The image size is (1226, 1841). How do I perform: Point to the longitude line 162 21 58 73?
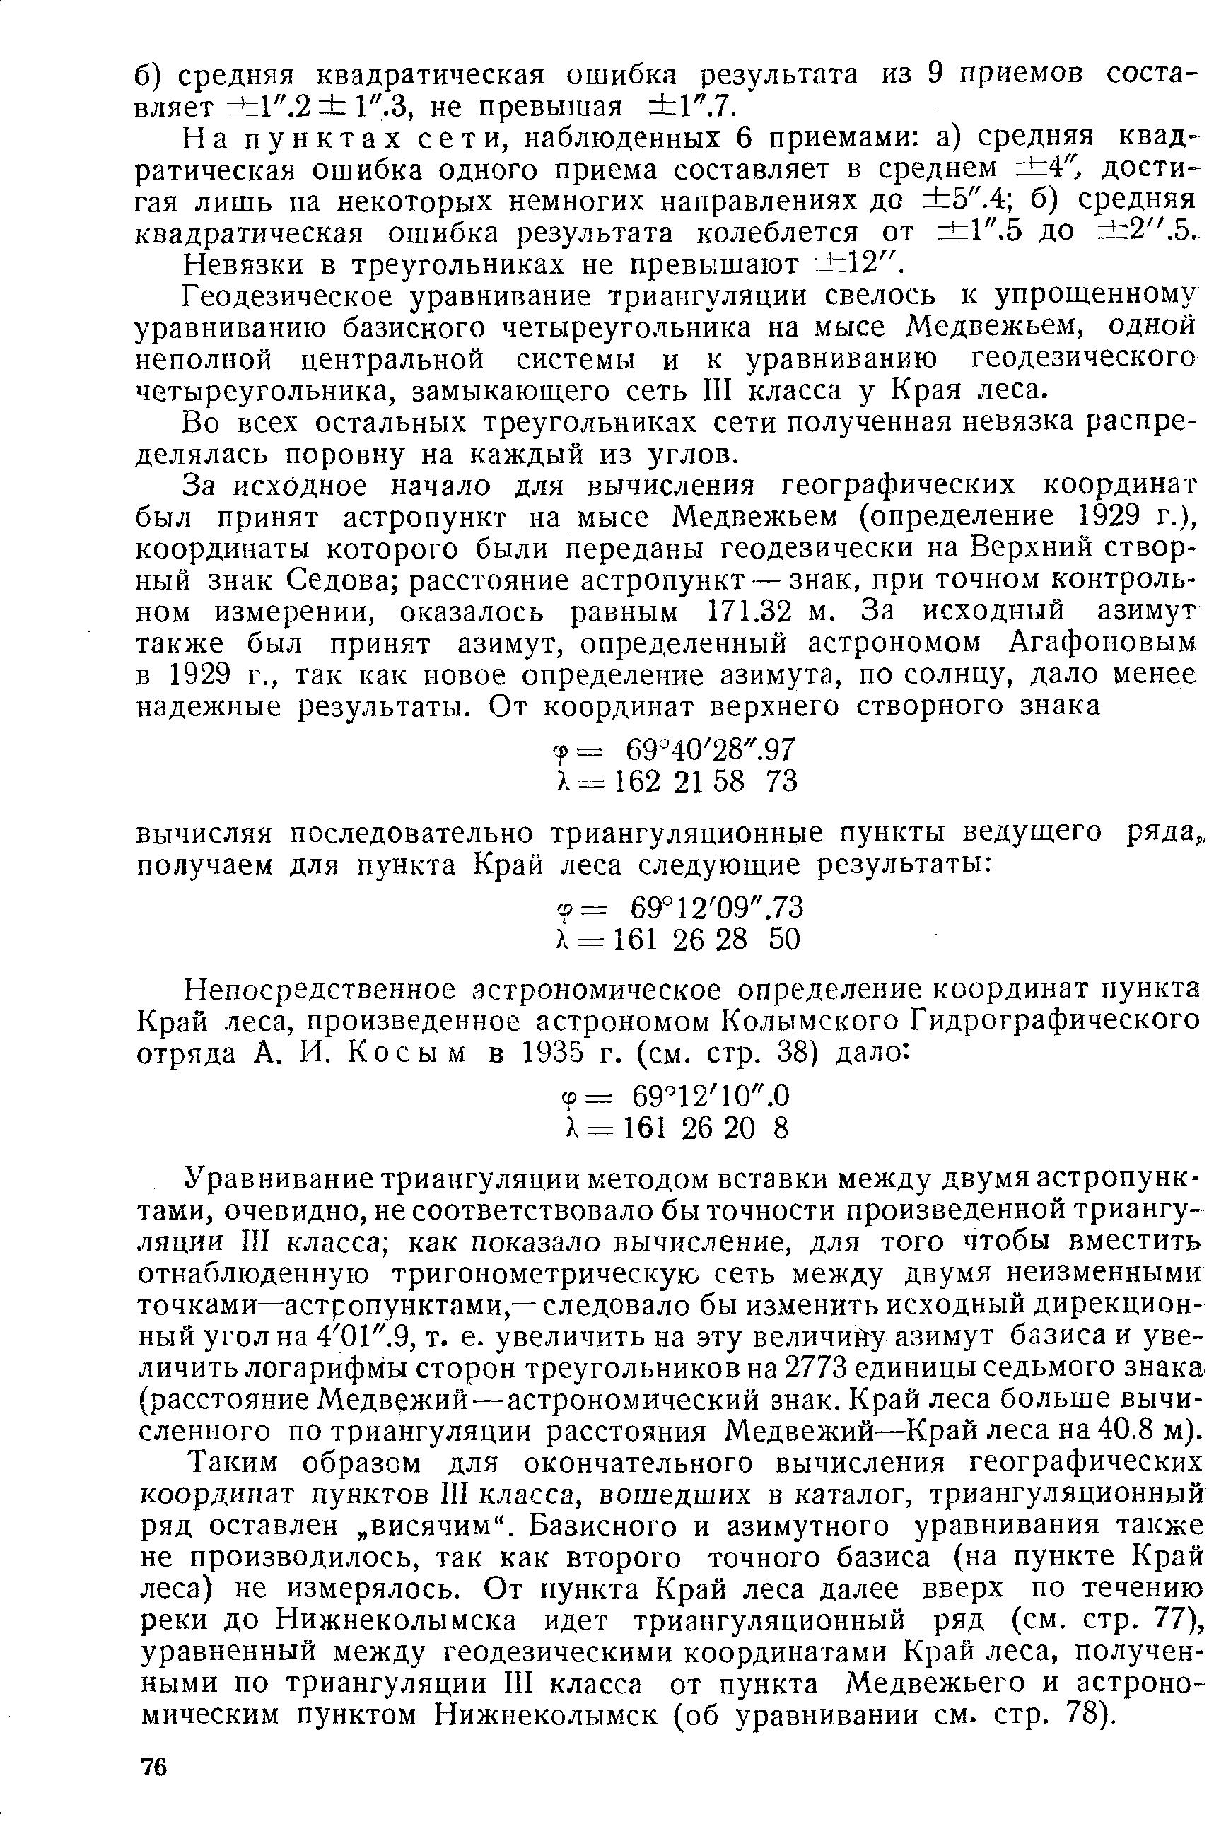tap(677, 782)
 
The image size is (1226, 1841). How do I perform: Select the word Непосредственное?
tap(319, 990)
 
